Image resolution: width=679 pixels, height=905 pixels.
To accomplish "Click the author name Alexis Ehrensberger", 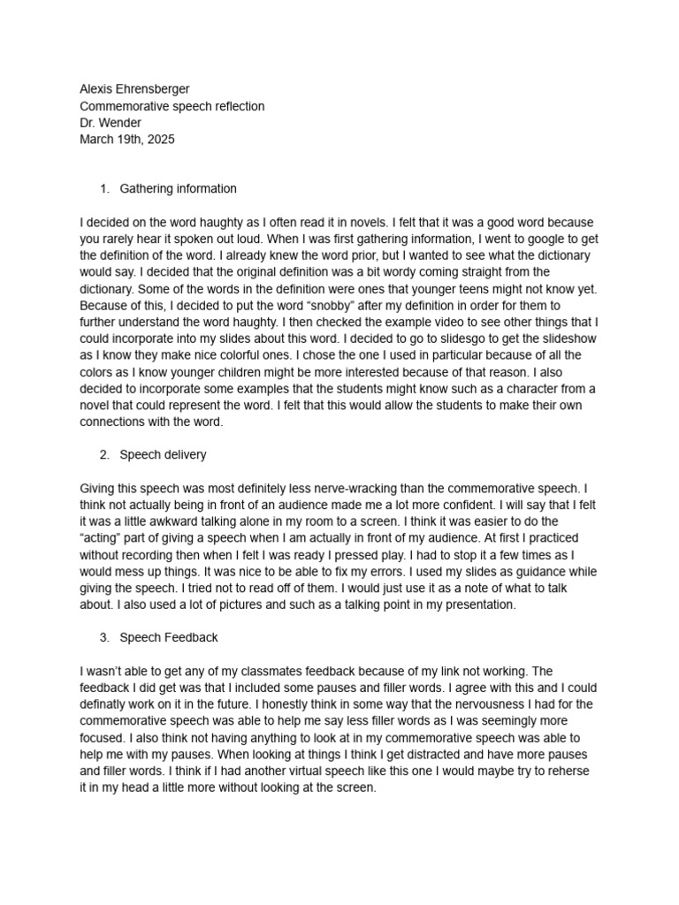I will [x=134, y=89].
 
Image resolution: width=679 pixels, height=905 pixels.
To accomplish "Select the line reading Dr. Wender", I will [x=111, y=123].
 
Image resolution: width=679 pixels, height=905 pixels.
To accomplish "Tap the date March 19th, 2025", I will [x=127, y=140].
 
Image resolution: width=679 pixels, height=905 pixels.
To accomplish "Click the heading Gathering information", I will [x=178, y=188].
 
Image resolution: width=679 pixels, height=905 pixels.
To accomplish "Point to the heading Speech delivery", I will [x=163, y=455].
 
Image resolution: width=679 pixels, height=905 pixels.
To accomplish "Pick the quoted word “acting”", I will [x=101, y=539].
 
